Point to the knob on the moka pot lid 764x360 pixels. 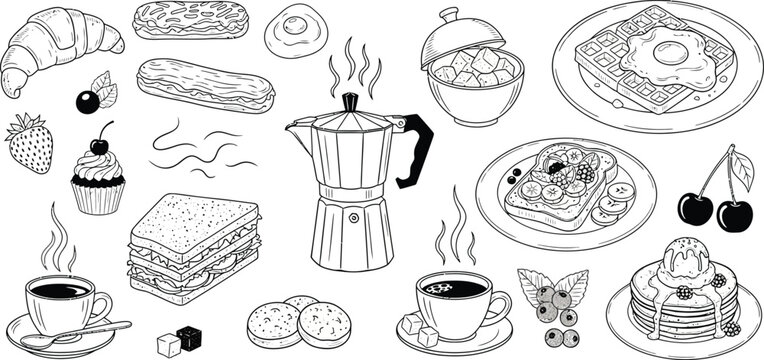tap(349, 101)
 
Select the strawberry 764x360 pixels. tap(30, 143)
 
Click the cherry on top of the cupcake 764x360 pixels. tap(100, 145)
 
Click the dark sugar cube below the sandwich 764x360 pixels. tap(189, 337)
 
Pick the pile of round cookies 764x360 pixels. tap(298, 320)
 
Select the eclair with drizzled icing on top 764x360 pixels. tap(190, 20)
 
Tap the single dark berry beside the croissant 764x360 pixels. tap(88, 101)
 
